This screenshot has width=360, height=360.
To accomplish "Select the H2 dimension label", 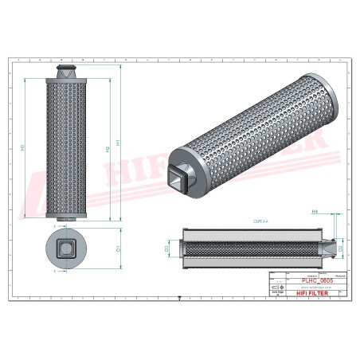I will pos(108,148).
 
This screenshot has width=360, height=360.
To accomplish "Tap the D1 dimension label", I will pos(119,248).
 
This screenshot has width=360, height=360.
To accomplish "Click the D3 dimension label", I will pos(167,248).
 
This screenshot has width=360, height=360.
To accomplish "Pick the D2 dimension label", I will pos(341,248).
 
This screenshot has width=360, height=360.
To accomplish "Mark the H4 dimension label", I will pos(315,212).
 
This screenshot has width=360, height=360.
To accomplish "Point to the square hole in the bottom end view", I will pos(66,249).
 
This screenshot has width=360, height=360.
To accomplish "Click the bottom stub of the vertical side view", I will pos(67,219).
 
